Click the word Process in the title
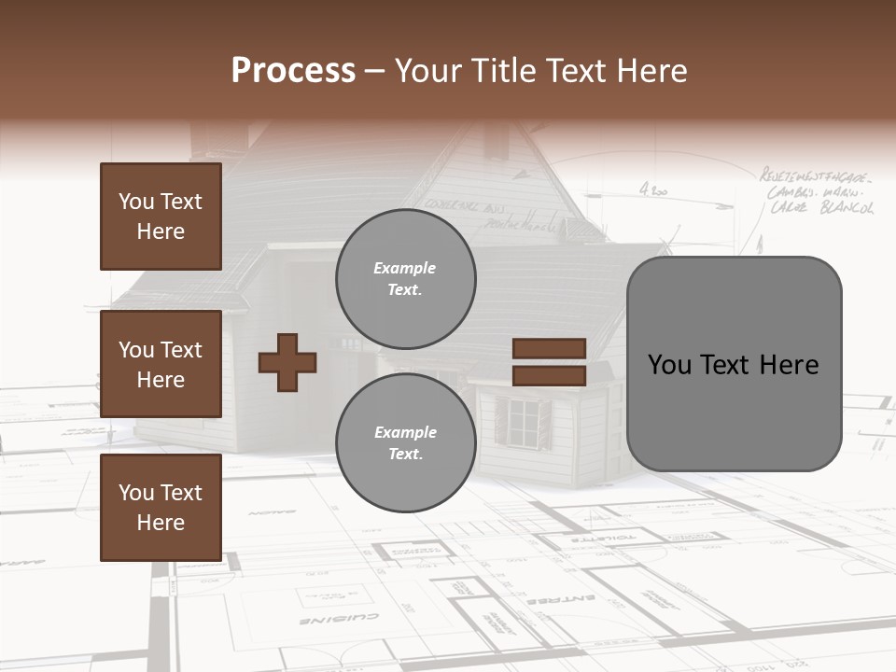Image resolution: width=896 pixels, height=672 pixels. (x=293, y=71)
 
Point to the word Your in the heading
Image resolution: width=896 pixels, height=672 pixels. (x=429, y=71)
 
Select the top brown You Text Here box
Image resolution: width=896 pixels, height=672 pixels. (x=161, y=217)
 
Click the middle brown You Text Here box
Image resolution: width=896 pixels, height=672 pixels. (x=161, y=364)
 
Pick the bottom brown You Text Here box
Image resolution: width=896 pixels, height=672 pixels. (x=161, y=508)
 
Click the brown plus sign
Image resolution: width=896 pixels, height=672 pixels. (x=287, y=362)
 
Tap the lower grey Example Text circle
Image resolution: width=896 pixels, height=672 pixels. (x=405, y=442)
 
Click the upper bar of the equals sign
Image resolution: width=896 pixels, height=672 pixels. (x=549, y=349)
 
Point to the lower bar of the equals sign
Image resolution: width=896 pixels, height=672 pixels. (x=549, y=375)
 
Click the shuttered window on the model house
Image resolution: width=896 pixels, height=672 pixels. (x=524, y=422)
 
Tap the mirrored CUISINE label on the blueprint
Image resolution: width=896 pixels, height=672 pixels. (x=339, y=619)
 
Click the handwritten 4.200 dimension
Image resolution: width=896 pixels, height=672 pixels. (x=653, y=190)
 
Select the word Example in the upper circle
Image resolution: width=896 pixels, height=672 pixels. (x=404, y=268)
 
